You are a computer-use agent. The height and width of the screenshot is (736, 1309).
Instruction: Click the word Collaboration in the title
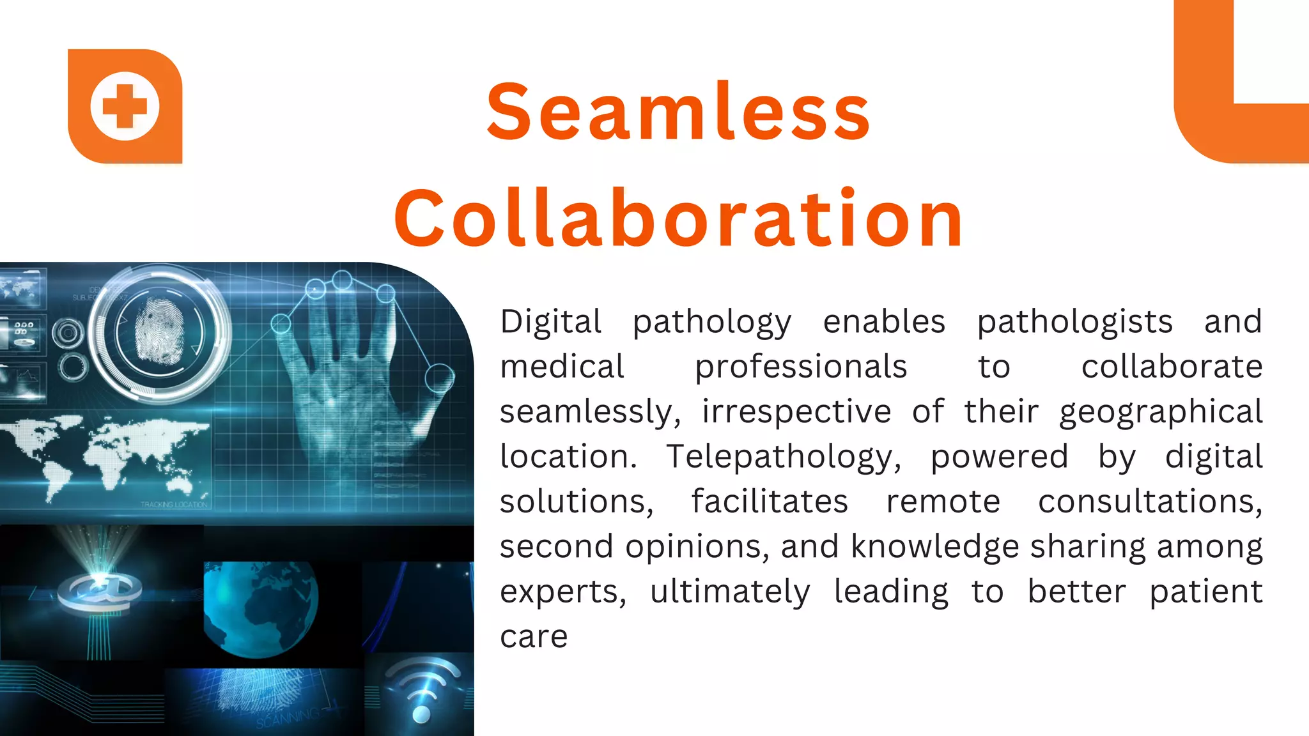click(x=678, y=218)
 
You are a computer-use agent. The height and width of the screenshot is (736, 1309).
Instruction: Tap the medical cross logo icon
click(x=125, y=106)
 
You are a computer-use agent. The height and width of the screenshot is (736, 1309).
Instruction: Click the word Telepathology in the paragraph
click(x=783, y=457)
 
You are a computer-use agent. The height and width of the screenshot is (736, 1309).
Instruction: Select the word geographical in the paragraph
click(x=1160, y=412)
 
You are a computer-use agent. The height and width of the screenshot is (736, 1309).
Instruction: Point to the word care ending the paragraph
click(x=534, y=636)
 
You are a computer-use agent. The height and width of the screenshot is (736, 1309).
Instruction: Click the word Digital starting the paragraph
click(x=550, y=321)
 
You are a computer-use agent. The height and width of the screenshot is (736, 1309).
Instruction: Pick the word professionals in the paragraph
click(x=801, y=367)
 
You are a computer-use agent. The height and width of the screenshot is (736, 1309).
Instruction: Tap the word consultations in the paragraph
click(x=1150, y=502)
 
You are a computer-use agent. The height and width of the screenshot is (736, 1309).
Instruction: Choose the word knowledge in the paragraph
click(x=934, y=547)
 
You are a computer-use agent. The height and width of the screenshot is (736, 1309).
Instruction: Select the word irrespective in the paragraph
click(x=796, y=412)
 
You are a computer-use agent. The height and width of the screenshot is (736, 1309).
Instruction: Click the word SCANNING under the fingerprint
click(x=288, y=718)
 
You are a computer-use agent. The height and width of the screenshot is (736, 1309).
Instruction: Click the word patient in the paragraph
click(x=1205, y=592)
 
